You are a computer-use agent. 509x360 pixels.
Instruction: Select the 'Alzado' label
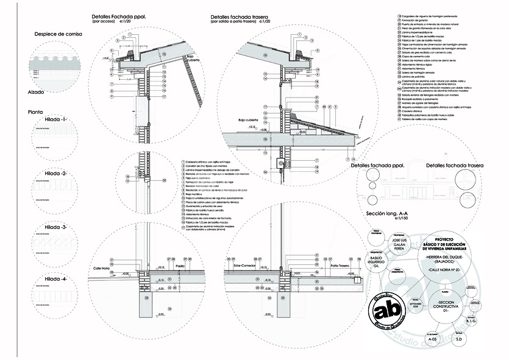(x=36, y=92)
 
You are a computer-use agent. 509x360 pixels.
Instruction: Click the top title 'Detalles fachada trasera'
(x=238, y=17)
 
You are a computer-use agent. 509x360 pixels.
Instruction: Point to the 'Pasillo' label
(x=180, y=266)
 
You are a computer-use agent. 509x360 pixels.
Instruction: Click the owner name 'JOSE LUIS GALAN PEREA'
(x=396, y=245)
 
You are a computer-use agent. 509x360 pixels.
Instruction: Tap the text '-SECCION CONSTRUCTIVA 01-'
(x=450, y=306)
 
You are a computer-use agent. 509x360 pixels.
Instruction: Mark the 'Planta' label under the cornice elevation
(x=35, y=112)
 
